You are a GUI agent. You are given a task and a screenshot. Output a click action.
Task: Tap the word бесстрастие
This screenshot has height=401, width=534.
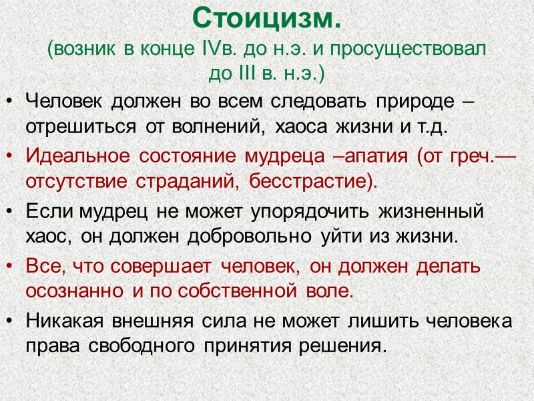point(314,180)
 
